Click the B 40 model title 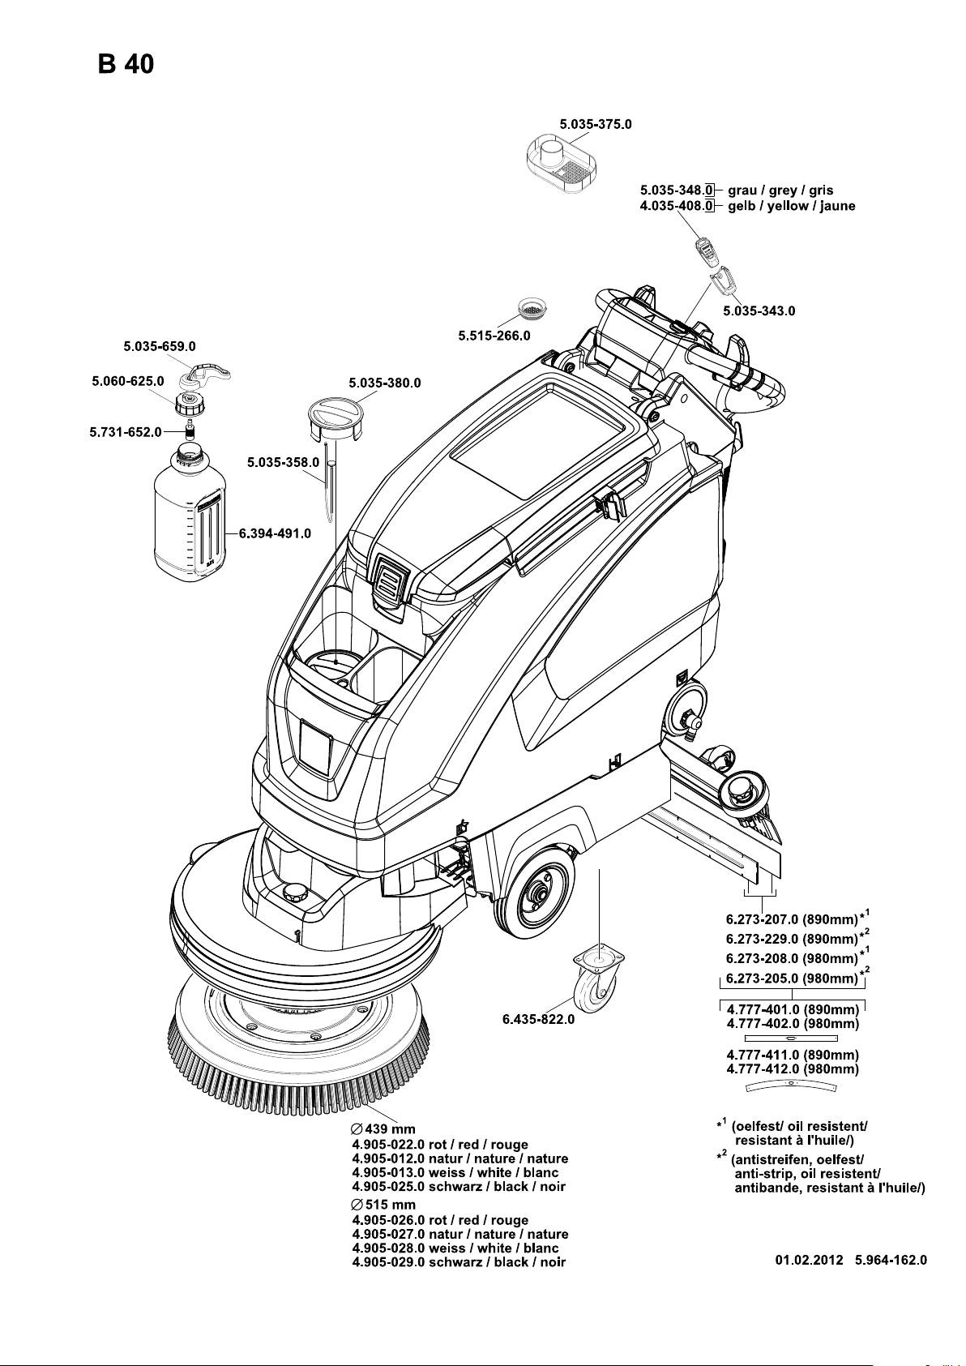[x=126, y=64]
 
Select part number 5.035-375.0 [x=596, y=124]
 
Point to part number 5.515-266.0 [x=494, y=335]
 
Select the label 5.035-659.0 [x=160, y=347]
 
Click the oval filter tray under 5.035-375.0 [x=562, y=163]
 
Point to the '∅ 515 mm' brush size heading [x=383, y=1205]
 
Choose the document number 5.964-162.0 [x=891, y=1261]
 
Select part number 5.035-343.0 [x=759, y=310]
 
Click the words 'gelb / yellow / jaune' [x=791, y=206]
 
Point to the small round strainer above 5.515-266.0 [x=534, y=309]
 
